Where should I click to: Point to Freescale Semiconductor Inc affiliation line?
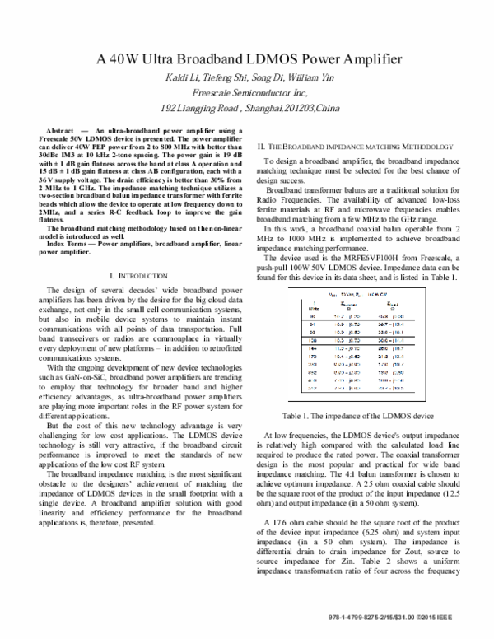(247, 94)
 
